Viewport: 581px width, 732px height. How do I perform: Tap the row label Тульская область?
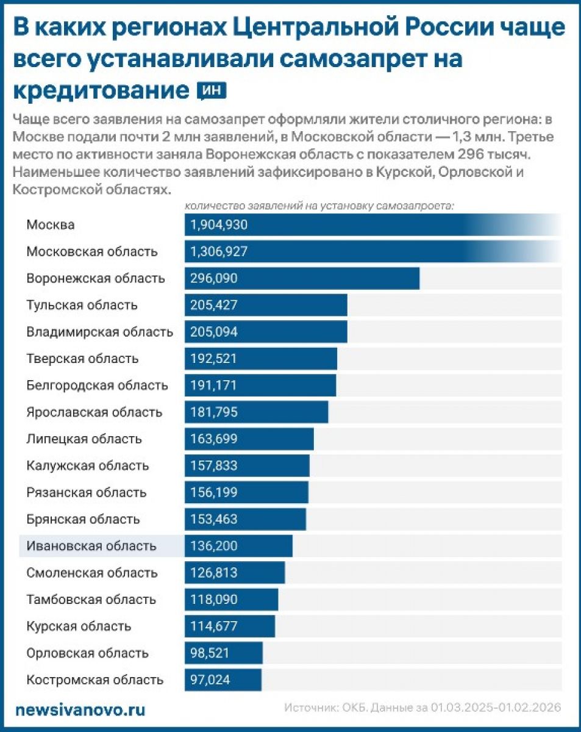(x=82, y=305)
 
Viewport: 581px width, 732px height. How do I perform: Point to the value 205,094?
(x=213, y=332)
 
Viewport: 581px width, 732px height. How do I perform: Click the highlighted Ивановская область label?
(x=91, y=546)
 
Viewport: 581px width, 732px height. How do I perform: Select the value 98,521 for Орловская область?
(x=210, y=653)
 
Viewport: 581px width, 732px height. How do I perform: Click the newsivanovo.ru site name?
(x=80, y=710)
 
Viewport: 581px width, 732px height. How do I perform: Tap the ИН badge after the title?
(x=212, y=91)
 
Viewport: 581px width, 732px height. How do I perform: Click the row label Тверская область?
(x=82, y=359)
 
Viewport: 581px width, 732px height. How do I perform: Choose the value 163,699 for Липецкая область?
(x=213, y=439)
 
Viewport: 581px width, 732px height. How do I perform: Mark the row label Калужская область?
(x=88, y=465)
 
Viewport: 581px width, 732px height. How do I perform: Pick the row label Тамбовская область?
(x=91, y=600)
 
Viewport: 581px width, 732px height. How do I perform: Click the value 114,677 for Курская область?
(x=213, y=626)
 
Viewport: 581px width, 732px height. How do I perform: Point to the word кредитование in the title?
(x=101, y=91)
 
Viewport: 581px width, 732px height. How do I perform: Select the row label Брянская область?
(x=84, y=519)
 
